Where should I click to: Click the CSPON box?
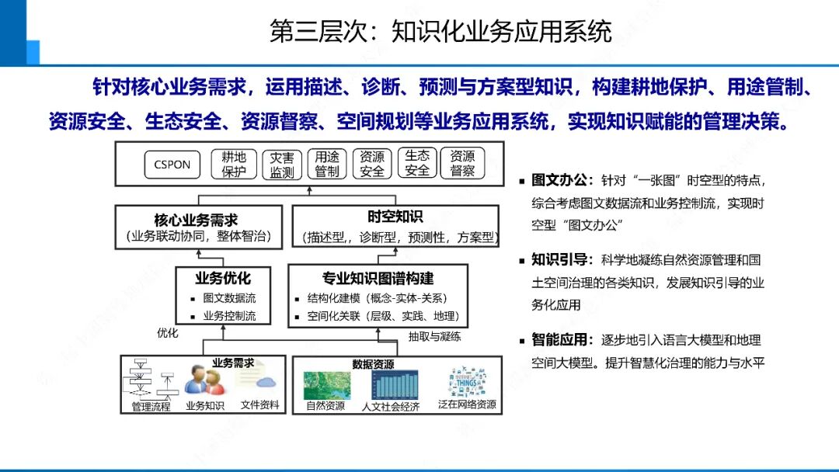pos(172,165)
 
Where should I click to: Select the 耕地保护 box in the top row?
pos(234,165)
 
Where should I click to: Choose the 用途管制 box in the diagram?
pos(327,165)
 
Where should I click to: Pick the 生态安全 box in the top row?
pos(417,164)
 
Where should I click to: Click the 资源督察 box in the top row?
pos(463,165)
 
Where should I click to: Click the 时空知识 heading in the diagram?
pos(395,217)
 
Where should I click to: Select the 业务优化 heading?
pos(223,277)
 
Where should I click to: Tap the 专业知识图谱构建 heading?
pos(378,278)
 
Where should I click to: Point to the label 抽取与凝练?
pos(435,336)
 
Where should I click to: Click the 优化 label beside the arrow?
pos(168,333)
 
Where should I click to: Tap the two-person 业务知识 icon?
pos(205,380)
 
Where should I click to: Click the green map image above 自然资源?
pos(326,384)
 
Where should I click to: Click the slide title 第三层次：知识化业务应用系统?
pos(440,31)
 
